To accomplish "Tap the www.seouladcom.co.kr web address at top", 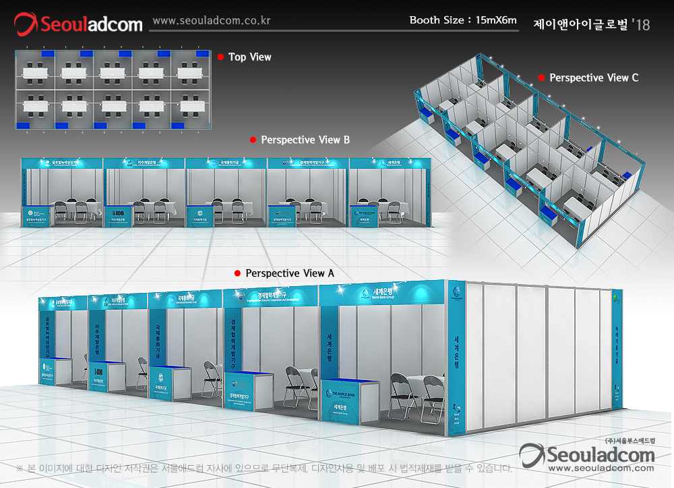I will [x=212, y=20].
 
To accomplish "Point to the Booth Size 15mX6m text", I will [x=463, y=20].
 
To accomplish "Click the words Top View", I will [x=250, y=57].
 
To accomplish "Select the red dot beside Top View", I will [x=220, y=57].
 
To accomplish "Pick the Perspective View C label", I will [x=594, y=78].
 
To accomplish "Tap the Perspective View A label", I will [x=290, y=273].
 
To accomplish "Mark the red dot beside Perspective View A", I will [x=237, y=273].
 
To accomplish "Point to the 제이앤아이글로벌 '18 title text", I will [x=591, y=24].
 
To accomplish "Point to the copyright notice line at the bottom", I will [x=263, y=468].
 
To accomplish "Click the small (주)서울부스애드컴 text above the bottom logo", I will [x=630, y=440].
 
